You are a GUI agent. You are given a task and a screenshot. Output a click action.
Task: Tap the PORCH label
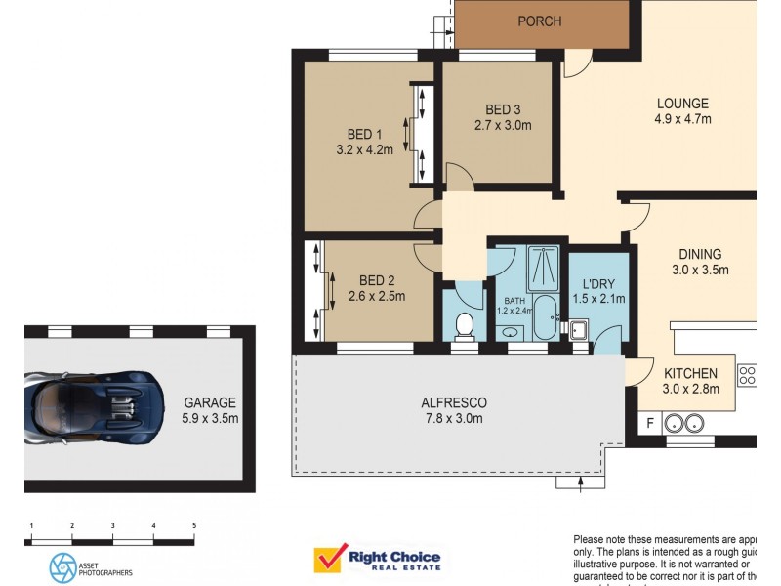point(540,21)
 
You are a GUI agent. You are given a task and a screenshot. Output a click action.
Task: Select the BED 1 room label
point(364,134)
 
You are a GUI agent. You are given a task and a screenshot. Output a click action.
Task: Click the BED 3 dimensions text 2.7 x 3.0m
point(503,125)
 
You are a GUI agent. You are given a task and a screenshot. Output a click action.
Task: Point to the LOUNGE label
point(682,104)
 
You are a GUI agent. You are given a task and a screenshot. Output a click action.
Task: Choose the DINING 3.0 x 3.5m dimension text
point(700,270)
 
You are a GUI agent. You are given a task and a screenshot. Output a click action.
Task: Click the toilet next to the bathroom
point(465,325)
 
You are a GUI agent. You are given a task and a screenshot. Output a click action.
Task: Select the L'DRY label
point(596,282)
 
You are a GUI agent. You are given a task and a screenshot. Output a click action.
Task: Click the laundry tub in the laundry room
point(578,330)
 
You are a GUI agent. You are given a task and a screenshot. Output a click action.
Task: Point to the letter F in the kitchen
point(649,423)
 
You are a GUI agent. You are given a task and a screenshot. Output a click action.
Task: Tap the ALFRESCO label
point(453,402)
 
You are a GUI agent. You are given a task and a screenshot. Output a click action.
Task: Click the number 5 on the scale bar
point(194,525)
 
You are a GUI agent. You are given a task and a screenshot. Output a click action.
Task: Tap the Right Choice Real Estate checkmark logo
point(328,560)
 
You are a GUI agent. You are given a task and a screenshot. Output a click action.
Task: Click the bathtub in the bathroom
point(545,318)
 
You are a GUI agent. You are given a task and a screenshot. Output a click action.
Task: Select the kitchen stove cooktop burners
point(747,375)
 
